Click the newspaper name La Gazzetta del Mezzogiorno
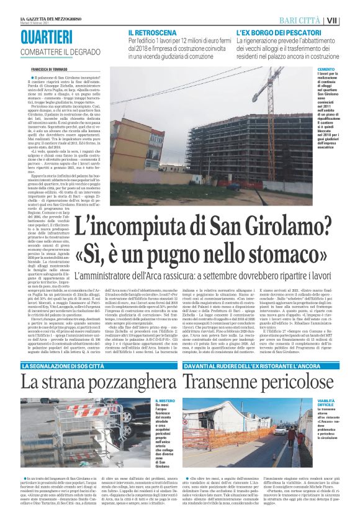(45, 18)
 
